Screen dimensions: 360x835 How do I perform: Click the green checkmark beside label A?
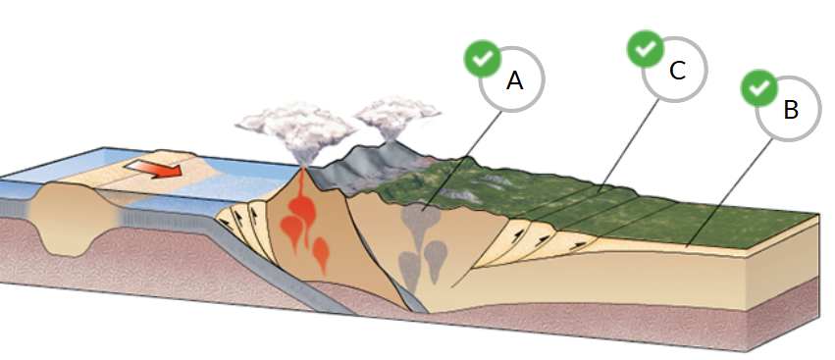point(481,59)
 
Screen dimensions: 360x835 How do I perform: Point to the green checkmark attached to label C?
point(645,48)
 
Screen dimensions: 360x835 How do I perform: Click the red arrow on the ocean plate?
point(157,170)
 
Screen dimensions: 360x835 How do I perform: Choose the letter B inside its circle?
point(791,109)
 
